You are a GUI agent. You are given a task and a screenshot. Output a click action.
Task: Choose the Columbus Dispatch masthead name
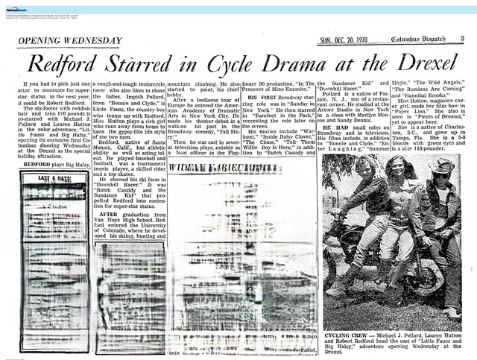click(x=420, y=40)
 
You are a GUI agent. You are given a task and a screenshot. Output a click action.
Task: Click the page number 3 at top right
click(x=462, y=40)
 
